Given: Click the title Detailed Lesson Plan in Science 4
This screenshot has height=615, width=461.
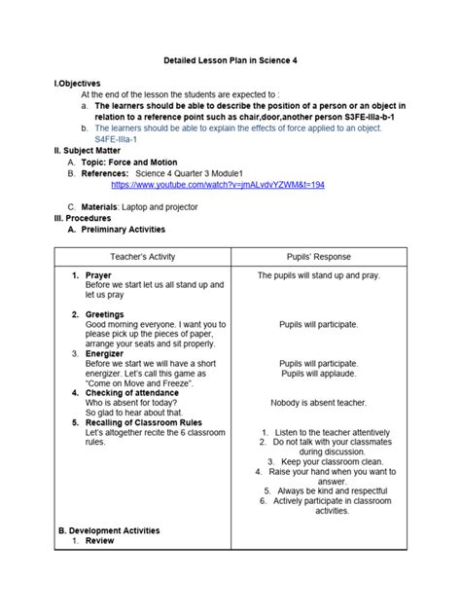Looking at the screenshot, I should pos(230,60).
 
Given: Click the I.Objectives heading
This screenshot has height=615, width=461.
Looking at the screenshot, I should pos(77,84).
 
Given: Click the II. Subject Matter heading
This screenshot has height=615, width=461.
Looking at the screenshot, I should pos(87,151).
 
